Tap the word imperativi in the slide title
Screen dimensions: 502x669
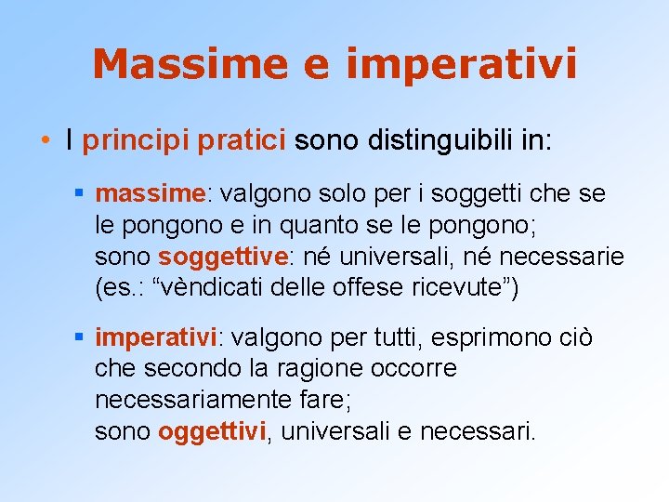(x=462, y=64)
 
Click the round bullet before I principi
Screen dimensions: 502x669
(x=45, y=141)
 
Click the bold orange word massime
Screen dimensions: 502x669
(x=149, y=193)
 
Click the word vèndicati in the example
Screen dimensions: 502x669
(x=220, y=287)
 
